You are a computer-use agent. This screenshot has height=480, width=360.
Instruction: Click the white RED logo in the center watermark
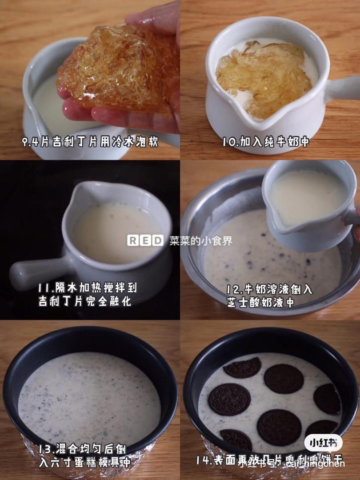pyautogui.click(x=145, y=241)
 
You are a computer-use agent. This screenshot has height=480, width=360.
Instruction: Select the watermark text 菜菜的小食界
pyautogui.click(x=200, y=241)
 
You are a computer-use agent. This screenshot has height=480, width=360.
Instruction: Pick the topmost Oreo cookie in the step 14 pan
pyautogui.click(x=242, y=367)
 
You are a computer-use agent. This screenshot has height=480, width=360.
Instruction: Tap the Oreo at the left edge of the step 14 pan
pyautogui.click(x=229, y=399)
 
